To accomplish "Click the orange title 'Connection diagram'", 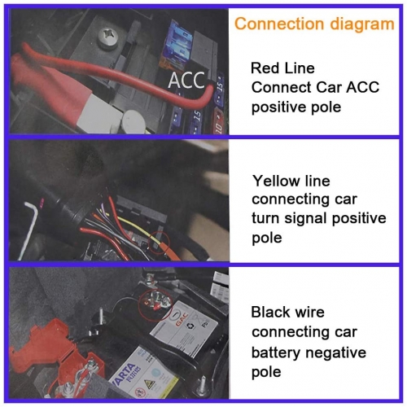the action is (x=314, y=24).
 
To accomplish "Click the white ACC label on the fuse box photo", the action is (x=186, y=80).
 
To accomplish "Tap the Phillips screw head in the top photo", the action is (x=108, y=37).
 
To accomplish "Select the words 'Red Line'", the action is (x=282, y=68).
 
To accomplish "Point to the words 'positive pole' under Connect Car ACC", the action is (x=296, y=107).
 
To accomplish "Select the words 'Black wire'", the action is (x=287, y=312).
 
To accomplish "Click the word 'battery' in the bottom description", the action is (x=276, y=352).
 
